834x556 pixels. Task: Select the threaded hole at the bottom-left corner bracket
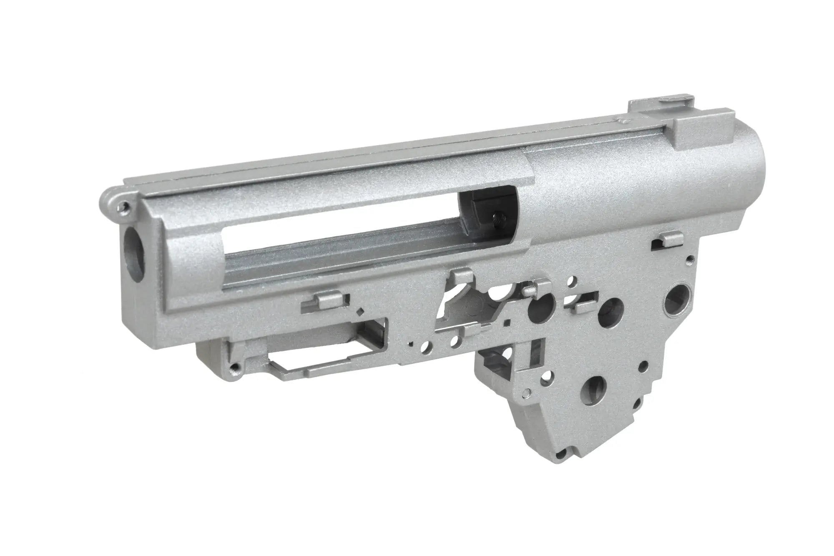(x=237, y=367)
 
